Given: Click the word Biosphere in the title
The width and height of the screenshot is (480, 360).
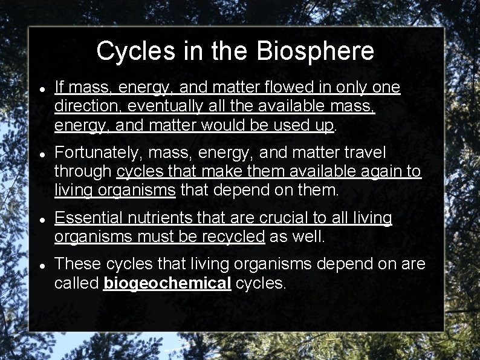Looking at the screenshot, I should coord(315,51).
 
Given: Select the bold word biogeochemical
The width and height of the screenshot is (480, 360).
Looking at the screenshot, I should coord(167,283).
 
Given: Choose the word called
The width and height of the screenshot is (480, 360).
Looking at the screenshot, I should coord(77,283).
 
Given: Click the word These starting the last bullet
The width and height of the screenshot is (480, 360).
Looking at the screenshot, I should coord(77,264).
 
